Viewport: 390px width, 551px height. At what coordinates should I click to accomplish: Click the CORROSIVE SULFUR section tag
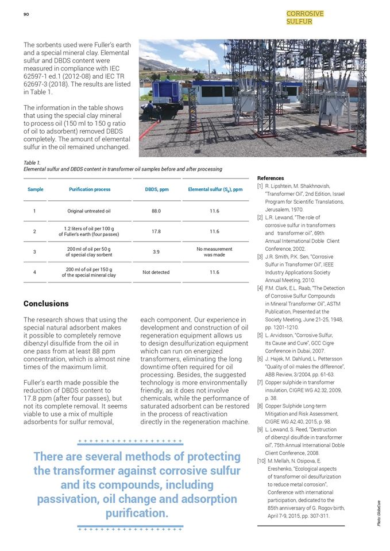[304, 17]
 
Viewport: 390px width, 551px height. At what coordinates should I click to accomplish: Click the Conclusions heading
[46, 303]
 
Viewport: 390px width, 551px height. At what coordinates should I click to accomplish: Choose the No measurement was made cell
[214, 252]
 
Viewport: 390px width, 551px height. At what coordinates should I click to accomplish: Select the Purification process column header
[90, 189]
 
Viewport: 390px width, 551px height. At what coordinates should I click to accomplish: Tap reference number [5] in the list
[260, 335]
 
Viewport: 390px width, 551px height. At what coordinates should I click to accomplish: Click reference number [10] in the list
[261, 461]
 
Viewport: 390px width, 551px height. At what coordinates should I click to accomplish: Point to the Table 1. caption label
[32, 163]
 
